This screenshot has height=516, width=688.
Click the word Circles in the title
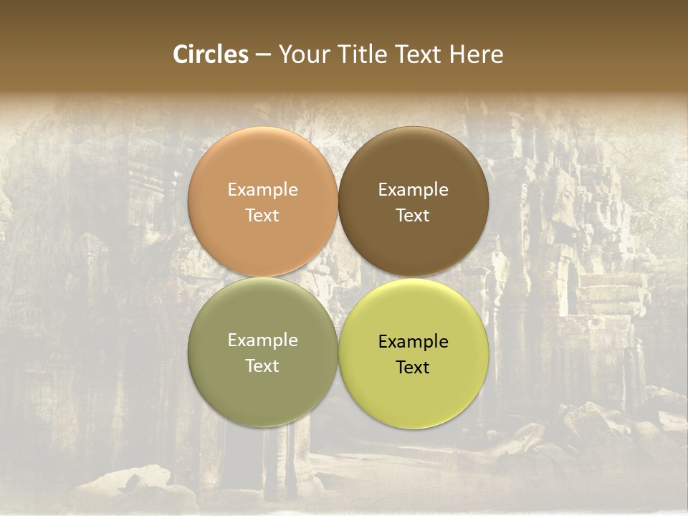(x=211, y=54)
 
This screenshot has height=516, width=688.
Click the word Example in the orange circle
(x=262, y=190)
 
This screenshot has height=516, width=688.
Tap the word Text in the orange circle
(x=262, y=215)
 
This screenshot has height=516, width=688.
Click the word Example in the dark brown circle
(x=413, y=190)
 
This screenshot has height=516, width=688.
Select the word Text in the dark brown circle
(x=413, y=215)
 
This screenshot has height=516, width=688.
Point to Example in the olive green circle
(x=262, y=340)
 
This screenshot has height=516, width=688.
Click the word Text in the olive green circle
(x=262, y=365)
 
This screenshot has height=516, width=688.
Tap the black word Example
(x=413, y=342)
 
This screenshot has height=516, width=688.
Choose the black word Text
(x=413, y=367)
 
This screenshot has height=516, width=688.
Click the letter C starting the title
(x=181, y=54)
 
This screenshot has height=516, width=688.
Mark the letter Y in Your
(x=285, y=54)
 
